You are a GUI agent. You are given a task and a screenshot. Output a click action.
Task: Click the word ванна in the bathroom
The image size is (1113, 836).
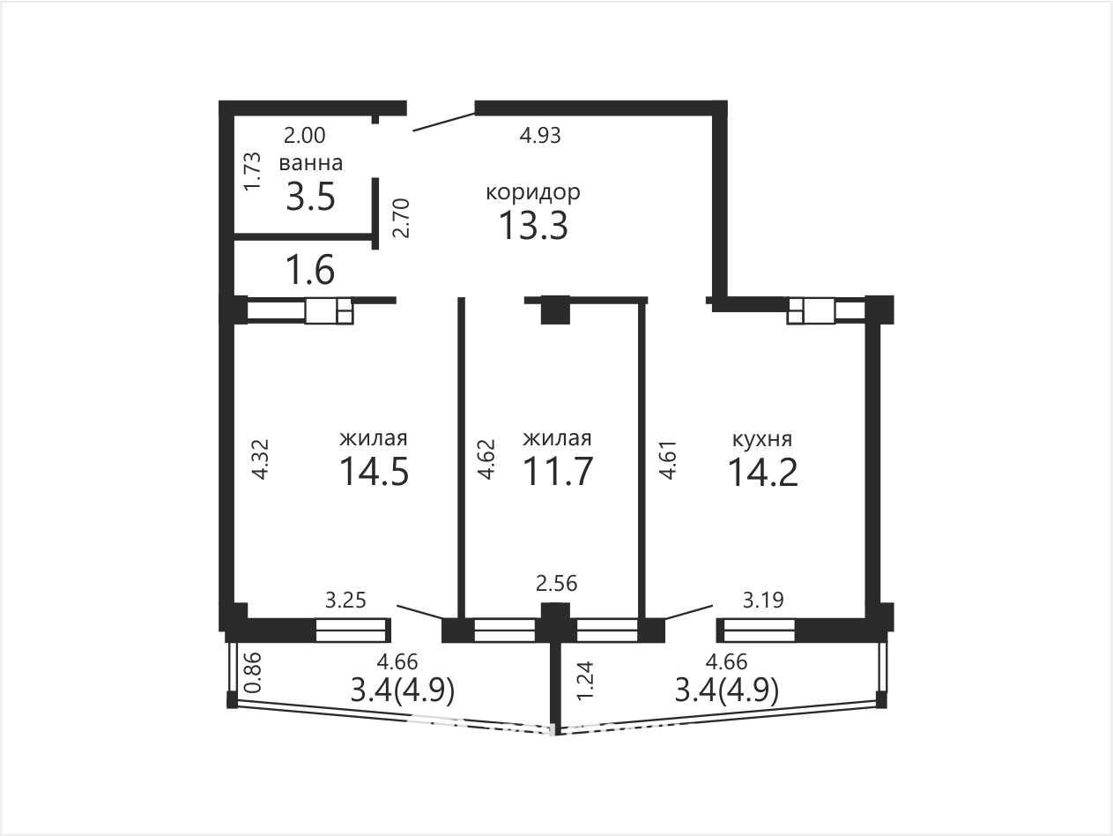pyautogui.click(x=311, y=163)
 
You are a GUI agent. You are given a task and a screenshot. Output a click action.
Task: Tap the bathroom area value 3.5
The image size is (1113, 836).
pyautogui.click(x=311, y=197)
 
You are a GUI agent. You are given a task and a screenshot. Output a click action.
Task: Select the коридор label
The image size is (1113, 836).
pyautogui.click(x=533, y=193)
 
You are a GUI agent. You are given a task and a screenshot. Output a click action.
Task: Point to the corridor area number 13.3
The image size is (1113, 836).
pyautogui.click(x=533, y=225)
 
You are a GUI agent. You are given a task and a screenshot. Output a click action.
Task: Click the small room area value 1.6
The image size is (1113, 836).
pyautogui.click(x=310, y=270)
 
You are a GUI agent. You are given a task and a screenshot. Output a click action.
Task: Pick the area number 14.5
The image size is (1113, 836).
pyautogui.click(x=375, y=471)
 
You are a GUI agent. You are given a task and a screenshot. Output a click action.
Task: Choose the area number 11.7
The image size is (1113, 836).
pyautogui.click(x=557, y=471)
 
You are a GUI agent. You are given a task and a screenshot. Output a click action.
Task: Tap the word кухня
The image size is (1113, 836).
pyautogui.click(x=762, y=439)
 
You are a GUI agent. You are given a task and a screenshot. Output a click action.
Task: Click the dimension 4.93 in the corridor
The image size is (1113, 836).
pyautogui.click(x=540, y=136)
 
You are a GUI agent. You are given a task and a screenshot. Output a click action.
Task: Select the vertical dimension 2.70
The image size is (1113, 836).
pyautogui.click(x=401, y=218)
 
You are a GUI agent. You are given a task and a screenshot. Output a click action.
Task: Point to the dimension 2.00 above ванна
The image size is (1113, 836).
pyautogui.click(x=304, y=136)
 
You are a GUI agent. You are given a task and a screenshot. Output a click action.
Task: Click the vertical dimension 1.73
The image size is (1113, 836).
pyautogui.click(x=252, y=171)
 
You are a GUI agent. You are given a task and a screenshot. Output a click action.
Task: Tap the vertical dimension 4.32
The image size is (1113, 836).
pyautogui.click(x=261, y=459)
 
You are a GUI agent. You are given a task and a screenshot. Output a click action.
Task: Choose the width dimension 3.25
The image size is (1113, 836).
pyautogui.click(x=345, y=601)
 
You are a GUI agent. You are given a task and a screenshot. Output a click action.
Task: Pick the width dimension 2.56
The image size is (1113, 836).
pyautogui.click(x=557, y=584)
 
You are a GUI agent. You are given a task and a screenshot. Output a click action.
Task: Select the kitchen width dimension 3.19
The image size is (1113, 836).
pyautogui.click(x=763, y=601)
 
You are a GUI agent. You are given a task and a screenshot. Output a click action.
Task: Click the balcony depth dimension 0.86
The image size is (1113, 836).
pyautogui.click(x=253, y=672)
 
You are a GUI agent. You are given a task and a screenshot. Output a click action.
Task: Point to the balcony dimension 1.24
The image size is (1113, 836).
pyautogui.click(x=584, y=680)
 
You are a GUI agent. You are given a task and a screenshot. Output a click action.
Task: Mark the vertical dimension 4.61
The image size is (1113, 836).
pyautogui.click(x=667, y=459)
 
